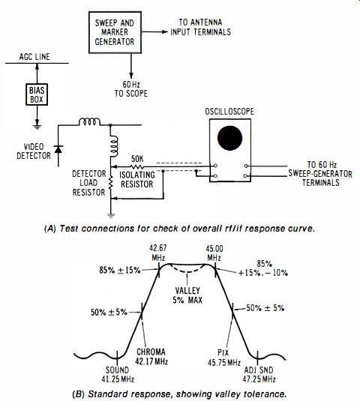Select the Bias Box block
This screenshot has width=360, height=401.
pyautogui.click(x=37, y=94)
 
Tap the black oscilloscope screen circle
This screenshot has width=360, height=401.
pyautogui.click(x=229, y=138)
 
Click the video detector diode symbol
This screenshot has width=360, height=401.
pyautogui.click(x=58, y=149)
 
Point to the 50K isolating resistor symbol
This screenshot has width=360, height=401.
pyautogui.click(x=137, y=167)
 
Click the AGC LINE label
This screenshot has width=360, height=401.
pyautogui.click(x=34, y=57)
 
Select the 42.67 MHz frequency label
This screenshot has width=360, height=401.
pyautogui.click(x=158, y=253)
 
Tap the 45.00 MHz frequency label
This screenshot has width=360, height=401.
pyautogui.click(x=214, y=253)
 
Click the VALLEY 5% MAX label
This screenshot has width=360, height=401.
pyautogui.click(x=187, y=295)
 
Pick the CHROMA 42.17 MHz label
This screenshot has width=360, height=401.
pyautogui.click(x=151, y=357)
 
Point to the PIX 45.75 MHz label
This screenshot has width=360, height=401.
pyautogui.click(x=224, y=358)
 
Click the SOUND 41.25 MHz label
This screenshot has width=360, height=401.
pyautogui.click(x=118, y=375)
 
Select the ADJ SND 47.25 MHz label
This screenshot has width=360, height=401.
pyautogui.click(x=259, y=375)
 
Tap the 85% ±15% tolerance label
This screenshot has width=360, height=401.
pyautogui.click(x=120, y=270)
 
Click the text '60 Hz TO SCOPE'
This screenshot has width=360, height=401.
pyautogui.click(x=131, y=88)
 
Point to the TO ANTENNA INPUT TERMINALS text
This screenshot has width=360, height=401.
pyautogui.click(x=200, y=27)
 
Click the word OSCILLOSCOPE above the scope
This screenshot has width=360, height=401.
pyautogui.click(x=229, y=112)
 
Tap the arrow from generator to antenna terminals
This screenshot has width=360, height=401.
pyautogui.click(x=154, y=31)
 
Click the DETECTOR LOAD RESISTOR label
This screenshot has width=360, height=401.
pyautogui.click(x=89, y=183)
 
